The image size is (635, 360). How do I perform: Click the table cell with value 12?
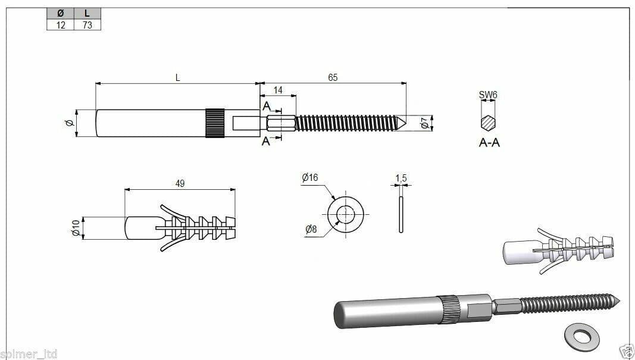(x=60, y=25)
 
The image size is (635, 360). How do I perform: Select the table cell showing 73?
(x=87, y=25)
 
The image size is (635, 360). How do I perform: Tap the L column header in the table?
(x=87, y=13)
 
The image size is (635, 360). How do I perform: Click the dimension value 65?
(x=333, y=77)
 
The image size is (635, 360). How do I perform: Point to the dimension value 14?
(x=278, y=90)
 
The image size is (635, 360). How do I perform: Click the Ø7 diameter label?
(x=424, y=123)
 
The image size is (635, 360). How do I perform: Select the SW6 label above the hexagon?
(x=487, y=95)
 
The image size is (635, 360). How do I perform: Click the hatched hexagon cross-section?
(x=488, y=123)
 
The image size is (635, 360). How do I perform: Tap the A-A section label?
(x=489, y=143)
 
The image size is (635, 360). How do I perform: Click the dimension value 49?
(x=180, y=183)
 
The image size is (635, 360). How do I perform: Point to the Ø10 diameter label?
(x=76, y=228)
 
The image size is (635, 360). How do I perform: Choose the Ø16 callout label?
(x=310, y=177)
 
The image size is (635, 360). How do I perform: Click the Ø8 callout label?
(x=311, y=229)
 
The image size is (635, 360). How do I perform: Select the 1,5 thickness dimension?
(x=401, y=178)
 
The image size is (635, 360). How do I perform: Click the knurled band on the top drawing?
(x=215, y=123)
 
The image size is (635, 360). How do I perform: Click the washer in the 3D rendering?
(x=582, y=336)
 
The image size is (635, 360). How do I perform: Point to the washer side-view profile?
(x=401, y=215)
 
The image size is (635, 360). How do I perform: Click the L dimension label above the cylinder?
(x=177, y=77)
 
